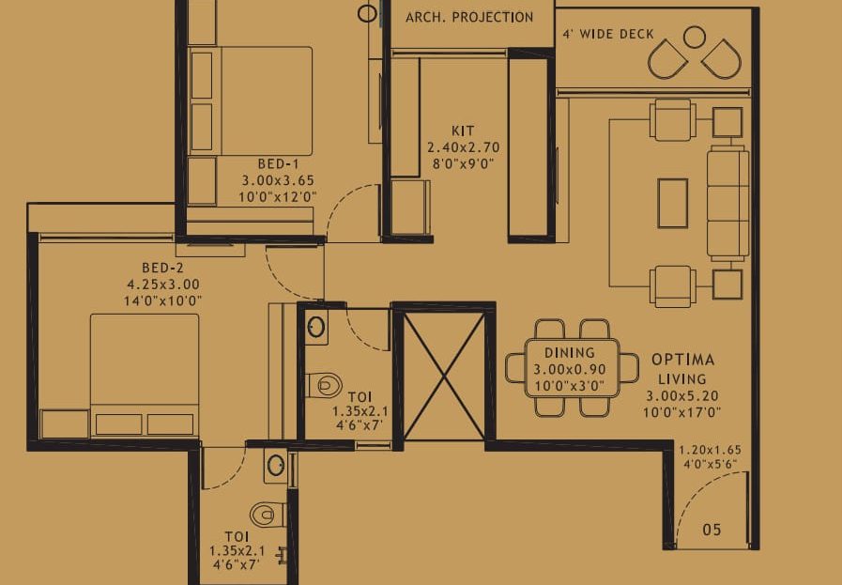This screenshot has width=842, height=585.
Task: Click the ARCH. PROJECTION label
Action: click(469, 17)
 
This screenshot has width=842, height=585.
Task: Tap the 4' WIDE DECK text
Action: click(608, 35)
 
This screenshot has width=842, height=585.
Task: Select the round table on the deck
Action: click(695, 37)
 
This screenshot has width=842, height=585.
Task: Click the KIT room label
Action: click(463, 131)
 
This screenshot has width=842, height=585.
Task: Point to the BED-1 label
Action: click(278, 163)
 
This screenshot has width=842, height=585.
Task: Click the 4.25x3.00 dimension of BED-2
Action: click(163, 285)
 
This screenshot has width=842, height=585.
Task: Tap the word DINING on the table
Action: click(570, 353)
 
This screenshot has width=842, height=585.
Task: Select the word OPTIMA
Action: click(683, 360)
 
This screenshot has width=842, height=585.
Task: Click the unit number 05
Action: click(712, 530)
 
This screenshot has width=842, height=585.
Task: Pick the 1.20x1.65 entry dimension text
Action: click(710, 450)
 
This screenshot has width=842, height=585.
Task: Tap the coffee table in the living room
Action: click(673, 204)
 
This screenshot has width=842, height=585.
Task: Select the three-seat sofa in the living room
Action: click(728, 203)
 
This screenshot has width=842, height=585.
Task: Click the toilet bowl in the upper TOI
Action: click(325, 385)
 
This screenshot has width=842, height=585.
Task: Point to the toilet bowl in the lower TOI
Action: click(268, 515)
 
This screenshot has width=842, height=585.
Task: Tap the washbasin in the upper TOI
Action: click(316, 327)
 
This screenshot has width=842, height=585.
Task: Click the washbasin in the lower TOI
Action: click(276, 465)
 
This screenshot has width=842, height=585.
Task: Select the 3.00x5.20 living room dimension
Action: click(682, 396)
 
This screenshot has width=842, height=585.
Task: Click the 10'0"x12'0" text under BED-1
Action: click(278, 197)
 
